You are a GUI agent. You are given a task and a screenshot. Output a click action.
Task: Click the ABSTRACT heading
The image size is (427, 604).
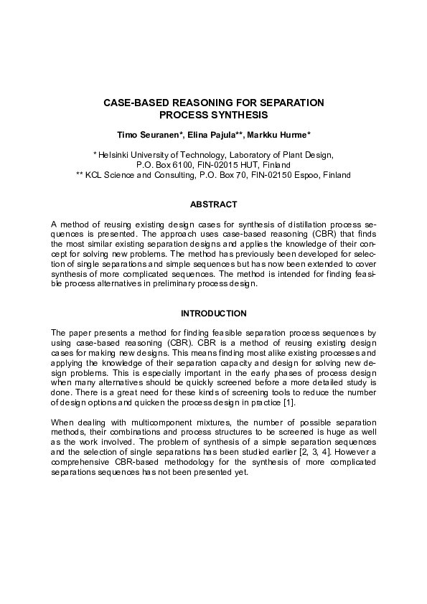tap(213, 204)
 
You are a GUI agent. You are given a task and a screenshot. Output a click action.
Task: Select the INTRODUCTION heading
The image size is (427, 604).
tap(213, 313)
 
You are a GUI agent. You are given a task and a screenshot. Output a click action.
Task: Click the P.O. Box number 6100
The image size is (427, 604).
tap(167, 164)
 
